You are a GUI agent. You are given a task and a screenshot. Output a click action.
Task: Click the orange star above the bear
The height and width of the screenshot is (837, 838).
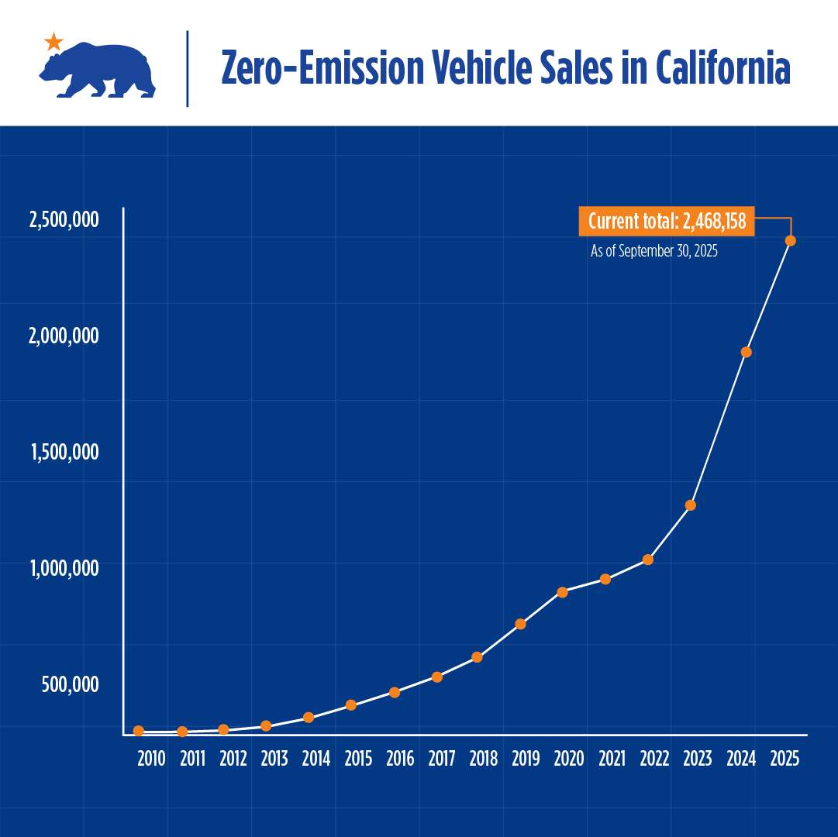53,42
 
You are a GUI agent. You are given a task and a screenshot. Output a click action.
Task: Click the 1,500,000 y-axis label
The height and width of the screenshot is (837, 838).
65,452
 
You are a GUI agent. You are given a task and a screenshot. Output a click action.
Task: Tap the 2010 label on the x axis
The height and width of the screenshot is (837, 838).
151,759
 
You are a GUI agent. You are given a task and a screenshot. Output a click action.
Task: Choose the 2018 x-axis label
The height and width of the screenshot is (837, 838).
484,759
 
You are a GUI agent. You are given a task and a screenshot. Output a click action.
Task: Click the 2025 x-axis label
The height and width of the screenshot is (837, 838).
785,759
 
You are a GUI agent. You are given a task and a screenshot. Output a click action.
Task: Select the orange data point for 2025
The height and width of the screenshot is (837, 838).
791,240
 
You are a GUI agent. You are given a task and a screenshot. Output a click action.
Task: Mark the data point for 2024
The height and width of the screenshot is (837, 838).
747,352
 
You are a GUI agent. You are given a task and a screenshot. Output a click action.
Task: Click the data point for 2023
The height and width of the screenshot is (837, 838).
691,505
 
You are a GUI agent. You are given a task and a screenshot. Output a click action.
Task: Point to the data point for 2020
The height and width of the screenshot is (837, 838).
563,592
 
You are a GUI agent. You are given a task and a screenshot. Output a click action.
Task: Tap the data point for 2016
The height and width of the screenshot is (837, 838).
395,692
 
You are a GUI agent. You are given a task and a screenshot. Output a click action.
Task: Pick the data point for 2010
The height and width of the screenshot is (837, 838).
139,731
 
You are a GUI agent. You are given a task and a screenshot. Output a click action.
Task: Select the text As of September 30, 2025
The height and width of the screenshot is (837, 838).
654,252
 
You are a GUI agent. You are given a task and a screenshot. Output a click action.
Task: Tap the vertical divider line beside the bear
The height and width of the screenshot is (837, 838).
188,68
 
